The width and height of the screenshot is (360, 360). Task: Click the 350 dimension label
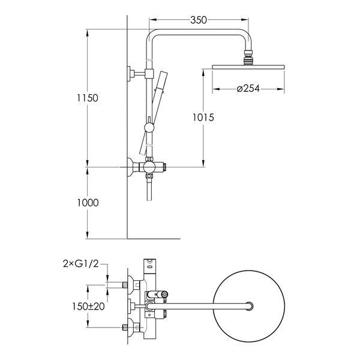(x=199, y=20)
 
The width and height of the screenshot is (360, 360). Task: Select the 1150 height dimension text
(x=88, y=98)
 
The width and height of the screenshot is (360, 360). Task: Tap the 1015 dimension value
(x=203, y=118)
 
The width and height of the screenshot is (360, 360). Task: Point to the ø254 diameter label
(x=248, y=88)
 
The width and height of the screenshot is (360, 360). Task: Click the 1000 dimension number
(x=88, y=203)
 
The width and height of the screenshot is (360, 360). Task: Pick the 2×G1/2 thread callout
(x=81, y=264)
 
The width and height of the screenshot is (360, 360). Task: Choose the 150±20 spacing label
(x=88, y=306)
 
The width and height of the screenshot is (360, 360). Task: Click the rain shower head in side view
(x=248, y=67)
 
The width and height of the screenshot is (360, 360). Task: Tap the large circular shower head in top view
(x=249, y=306)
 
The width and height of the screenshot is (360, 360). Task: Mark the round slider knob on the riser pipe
(x=149, y=127)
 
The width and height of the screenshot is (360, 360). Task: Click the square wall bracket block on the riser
(x=149, y=73)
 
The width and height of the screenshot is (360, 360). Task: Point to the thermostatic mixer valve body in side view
(x=149, y=167)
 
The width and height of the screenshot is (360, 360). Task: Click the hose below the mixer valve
(x=149, y=189)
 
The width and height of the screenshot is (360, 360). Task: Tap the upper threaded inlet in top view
(x=125, y=285)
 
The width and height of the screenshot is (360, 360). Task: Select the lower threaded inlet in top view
(x=125, y=328)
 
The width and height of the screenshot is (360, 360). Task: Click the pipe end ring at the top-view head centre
(x=249, y=306)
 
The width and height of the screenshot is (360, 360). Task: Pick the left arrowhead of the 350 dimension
(x=152, y=20)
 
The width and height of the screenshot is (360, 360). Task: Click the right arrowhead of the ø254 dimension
(x=281, y=89)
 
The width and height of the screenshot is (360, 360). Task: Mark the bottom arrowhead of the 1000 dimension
(x=88, y=235)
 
